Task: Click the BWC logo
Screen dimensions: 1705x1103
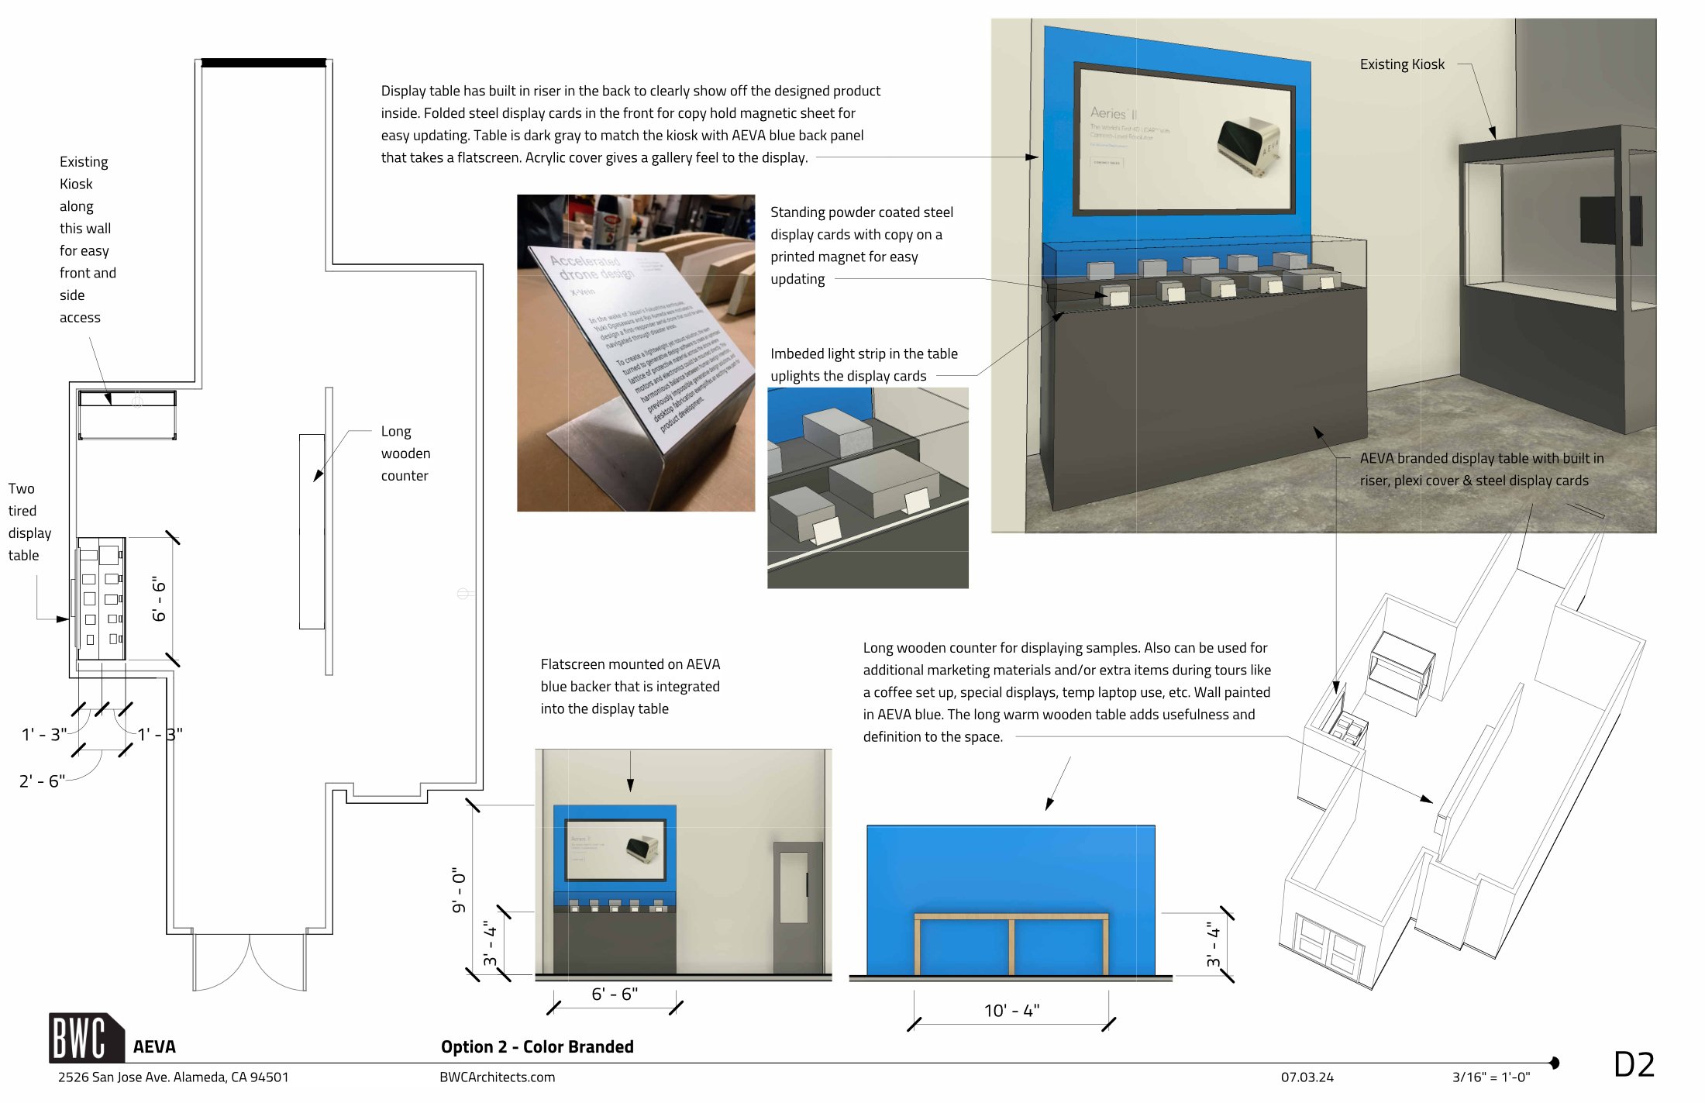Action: coord(85,1038)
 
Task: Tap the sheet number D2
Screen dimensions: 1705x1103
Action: coord(1634,1064)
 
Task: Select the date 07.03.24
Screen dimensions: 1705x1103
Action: coord(1307,1077)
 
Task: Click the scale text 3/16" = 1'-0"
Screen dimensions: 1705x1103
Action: coord(1490,1077)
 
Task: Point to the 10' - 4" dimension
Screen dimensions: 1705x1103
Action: coord(1011,1010)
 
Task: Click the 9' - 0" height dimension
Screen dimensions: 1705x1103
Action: coord(459,889)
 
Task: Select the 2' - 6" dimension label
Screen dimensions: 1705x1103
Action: coord(42,781)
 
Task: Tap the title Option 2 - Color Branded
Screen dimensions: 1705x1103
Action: coord(537,1046)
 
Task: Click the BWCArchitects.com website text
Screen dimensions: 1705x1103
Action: coord(497,1077)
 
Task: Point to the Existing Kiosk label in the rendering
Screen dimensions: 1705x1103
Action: coord(1401,64)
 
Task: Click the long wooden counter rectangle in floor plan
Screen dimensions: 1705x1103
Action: coord(312,531)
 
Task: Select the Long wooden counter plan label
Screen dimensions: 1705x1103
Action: coord(405,453)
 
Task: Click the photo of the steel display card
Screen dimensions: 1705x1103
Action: coord(635,353)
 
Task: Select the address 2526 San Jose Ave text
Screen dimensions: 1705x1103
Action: coord(173,1077)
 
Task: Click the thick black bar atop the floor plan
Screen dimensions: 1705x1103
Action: coord(263,63)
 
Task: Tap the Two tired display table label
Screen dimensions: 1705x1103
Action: coord(29,522)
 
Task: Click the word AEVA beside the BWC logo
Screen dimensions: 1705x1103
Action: coord(154,1046)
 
